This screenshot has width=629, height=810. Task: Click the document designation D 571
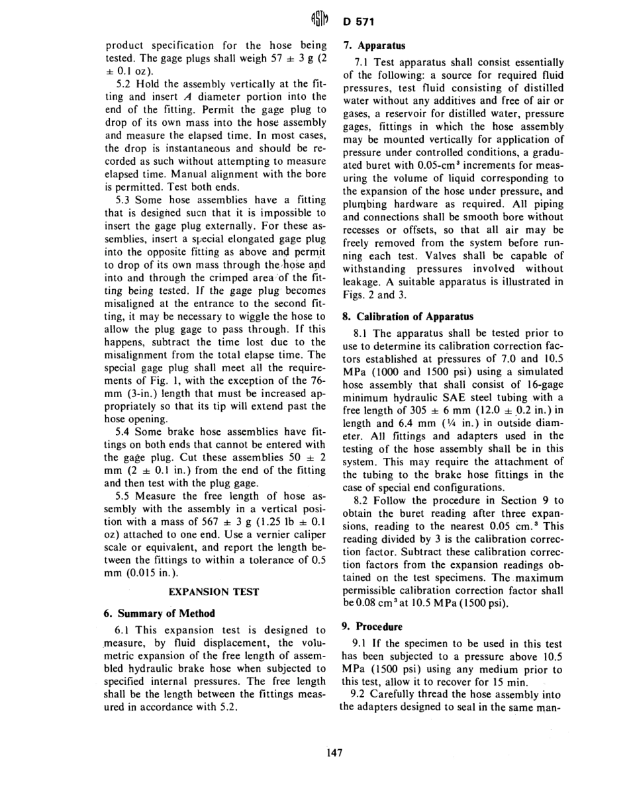point(358,22)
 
